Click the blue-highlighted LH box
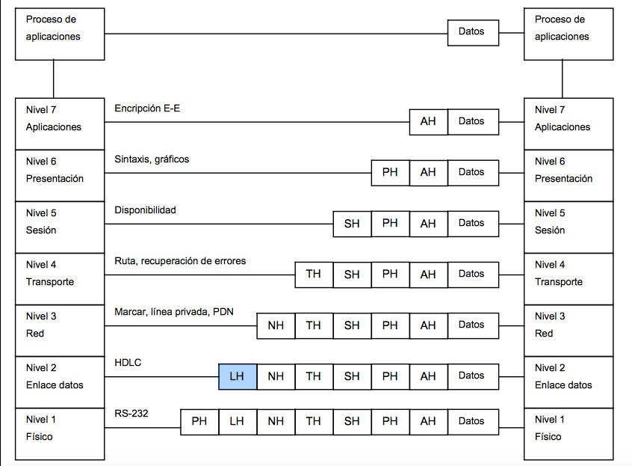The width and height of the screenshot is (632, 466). click(238, 376)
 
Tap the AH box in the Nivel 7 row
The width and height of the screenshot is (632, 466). click(428, 121)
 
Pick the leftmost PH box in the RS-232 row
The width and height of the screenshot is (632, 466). click(199, 421)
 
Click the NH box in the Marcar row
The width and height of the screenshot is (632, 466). click(276, 325)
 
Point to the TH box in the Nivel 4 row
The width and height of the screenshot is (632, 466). click(314, 275)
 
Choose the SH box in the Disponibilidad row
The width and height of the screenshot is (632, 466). click(352, 224)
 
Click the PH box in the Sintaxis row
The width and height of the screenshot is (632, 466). click(390, 172)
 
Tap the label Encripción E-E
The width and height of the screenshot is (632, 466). click(147, 108)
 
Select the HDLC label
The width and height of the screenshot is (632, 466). click(128, 363)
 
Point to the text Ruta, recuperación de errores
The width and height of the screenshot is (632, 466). click(180, 261)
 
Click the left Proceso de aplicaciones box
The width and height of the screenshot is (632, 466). click(60, 34)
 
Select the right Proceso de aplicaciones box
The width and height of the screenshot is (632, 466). click(569, 34)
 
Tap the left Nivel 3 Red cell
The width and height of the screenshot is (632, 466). click(60, 325)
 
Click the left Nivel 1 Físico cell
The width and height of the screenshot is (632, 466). click(60, 429)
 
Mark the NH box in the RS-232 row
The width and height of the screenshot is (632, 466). click(276, 421)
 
